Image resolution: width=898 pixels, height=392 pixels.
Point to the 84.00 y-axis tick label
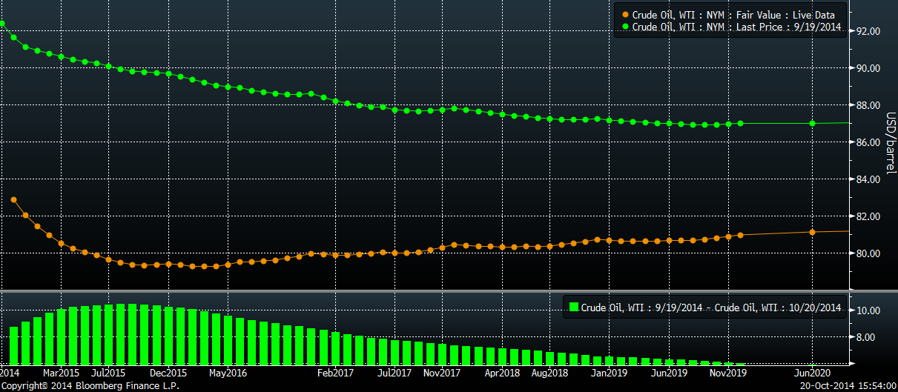[x=868, y=179]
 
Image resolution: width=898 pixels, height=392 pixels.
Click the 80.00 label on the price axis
[x=868, y=253]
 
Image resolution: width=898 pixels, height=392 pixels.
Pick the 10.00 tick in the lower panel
[x=868, y=310]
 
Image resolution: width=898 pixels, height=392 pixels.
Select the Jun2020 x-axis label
[x=813, y=373]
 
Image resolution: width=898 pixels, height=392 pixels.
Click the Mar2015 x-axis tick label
[x=61, y=373]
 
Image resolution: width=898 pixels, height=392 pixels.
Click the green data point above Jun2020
[x=813, y=123]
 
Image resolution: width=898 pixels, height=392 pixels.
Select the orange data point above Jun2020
[x=813, y=232]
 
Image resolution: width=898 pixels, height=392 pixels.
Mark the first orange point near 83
[x=14, y=200]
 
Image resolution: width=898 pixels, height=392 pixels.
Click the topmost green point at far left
[x=2, y=24]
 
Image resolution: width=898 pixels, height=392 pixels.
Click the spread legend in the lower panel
[x=704, y=307]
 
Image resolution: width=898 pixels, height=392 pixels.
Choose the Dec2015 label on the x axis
[x=168, y=373]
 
